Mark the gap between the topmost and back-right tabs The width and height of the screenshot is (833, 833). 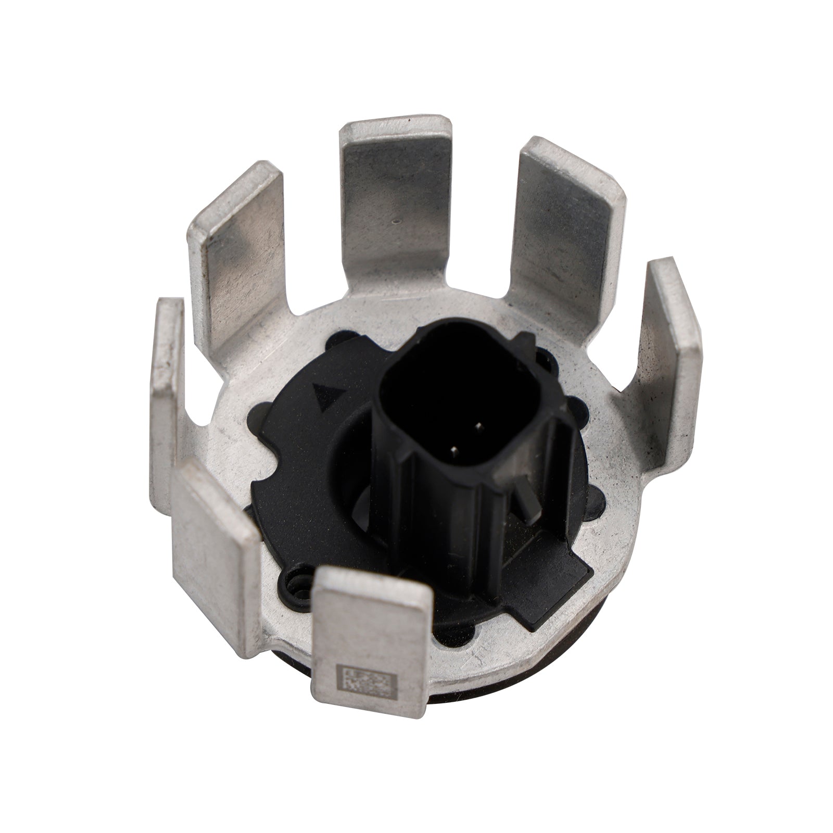[482, 172]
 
